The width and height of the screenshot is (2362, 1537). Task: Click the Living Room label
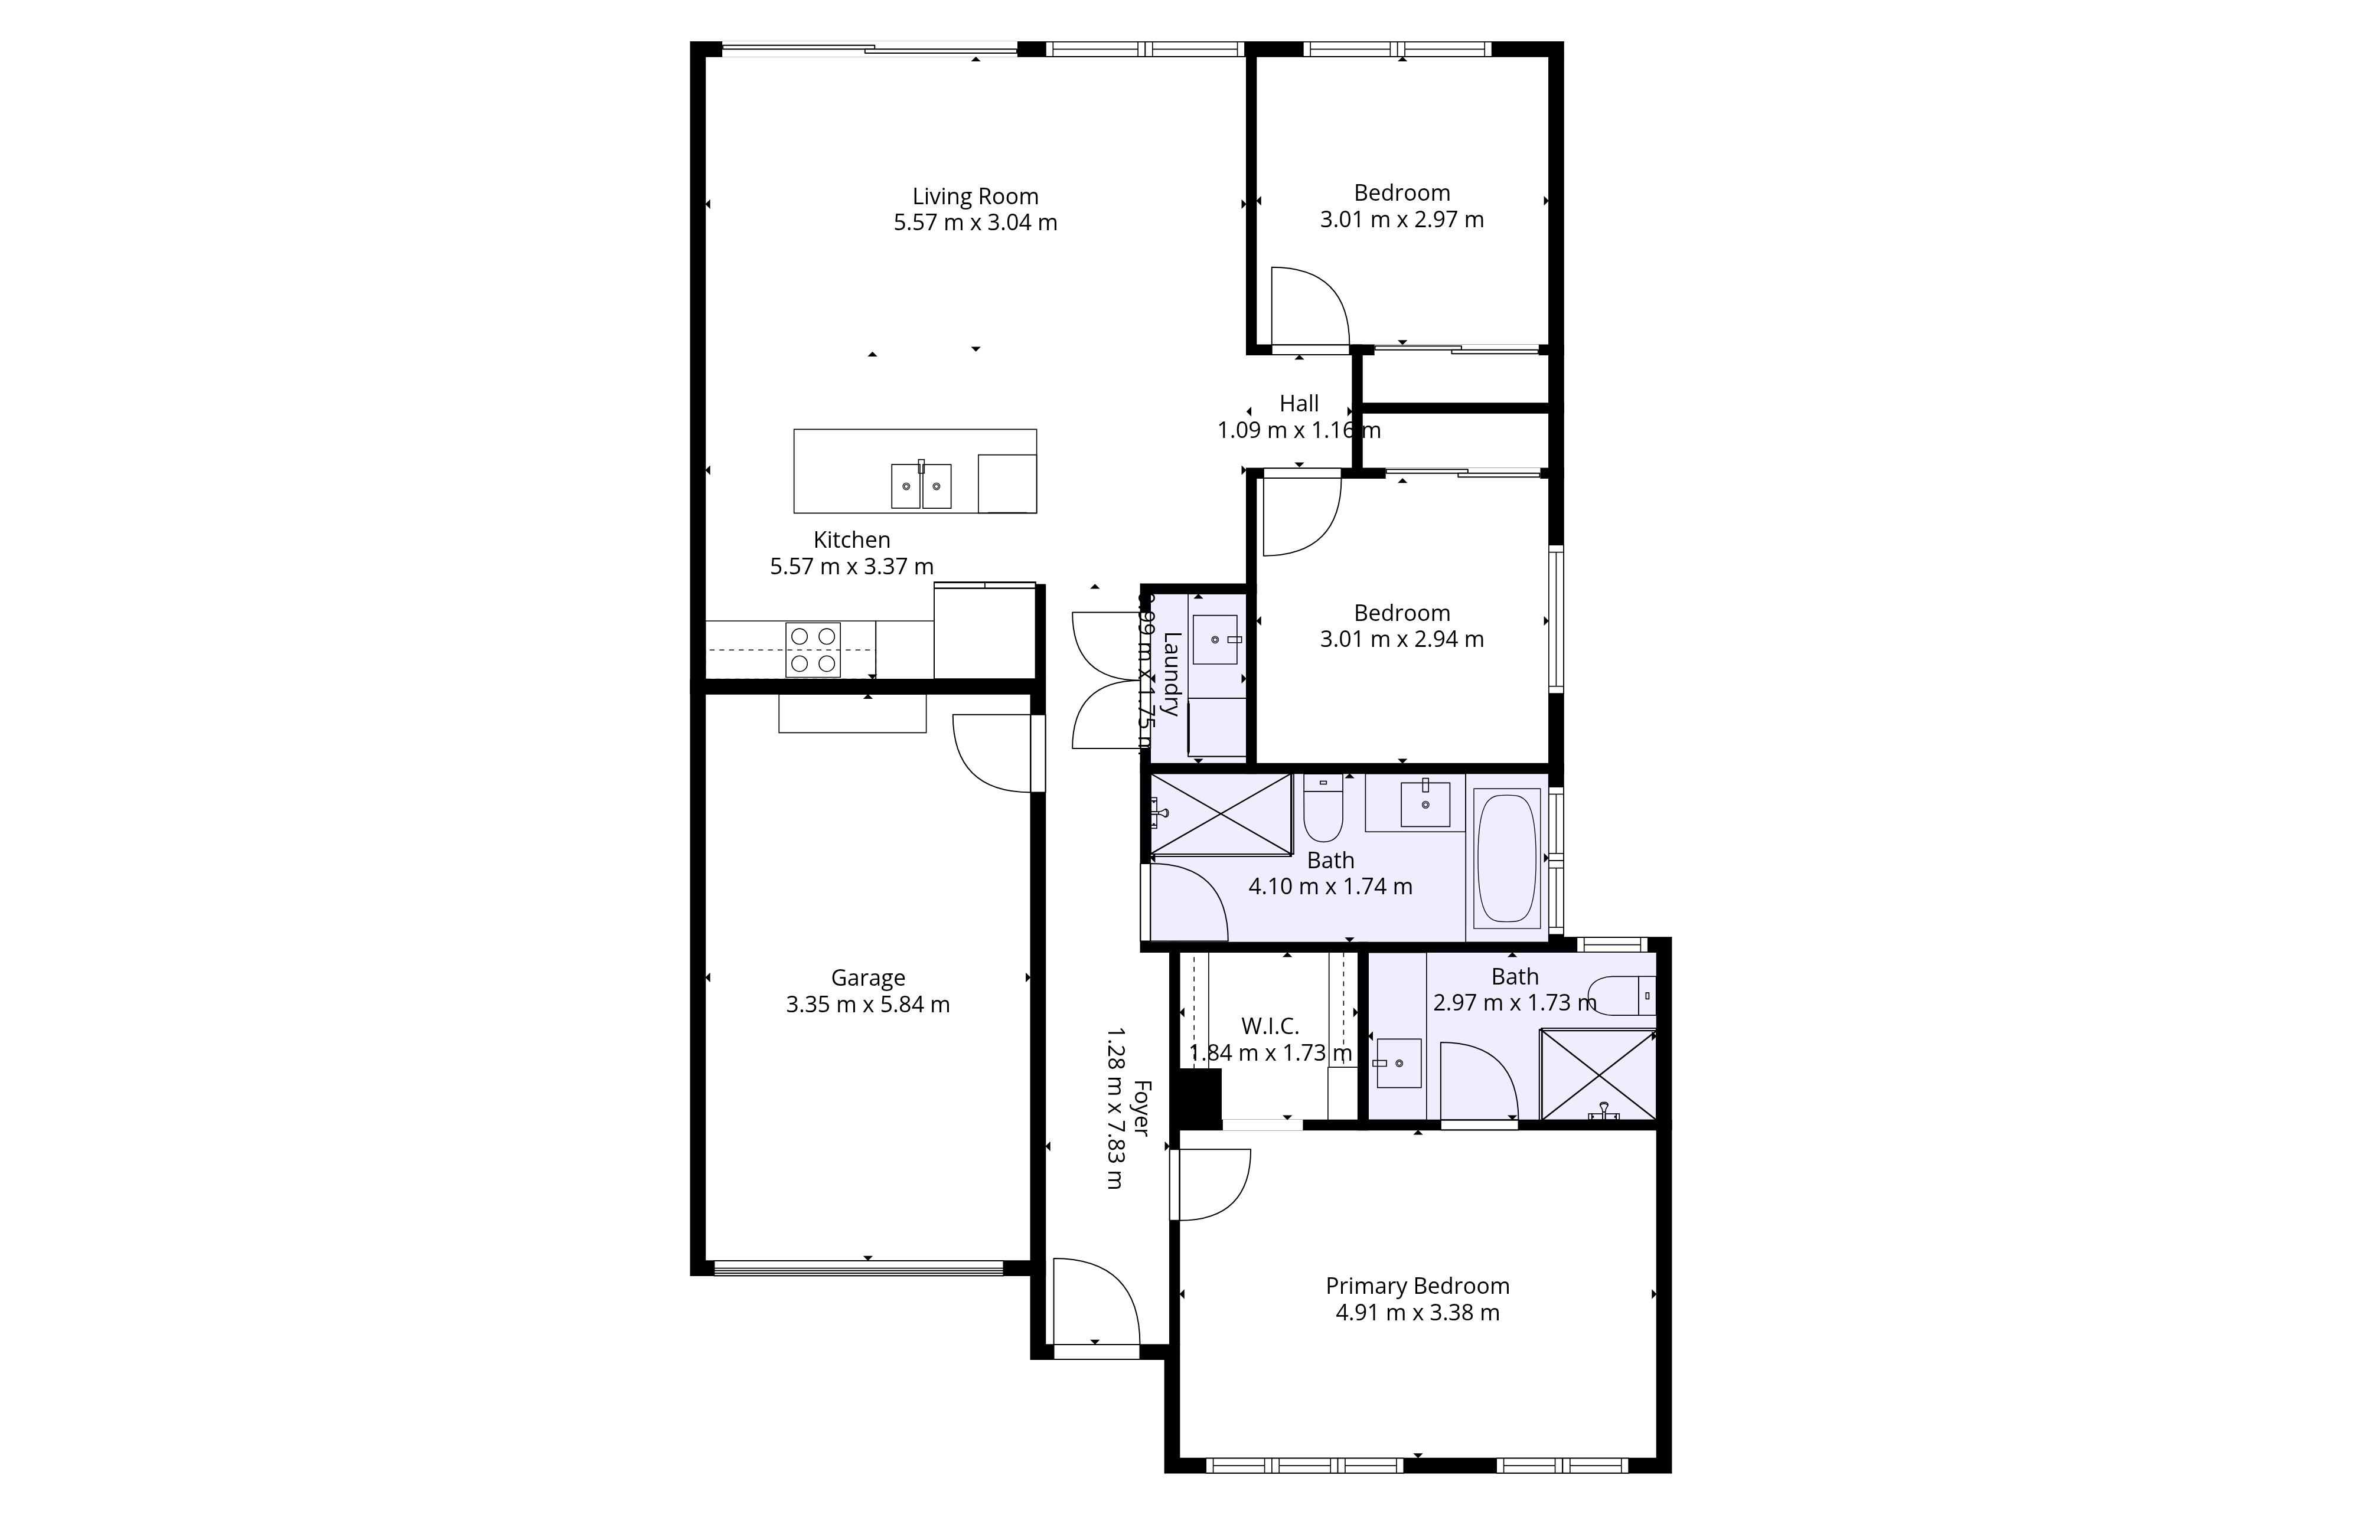click(974, 197)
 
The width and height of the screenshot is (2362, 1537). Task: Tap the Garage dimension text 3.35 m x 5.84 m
click(867, 1004)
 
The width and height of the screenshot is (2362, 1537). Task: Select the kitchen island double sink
click(921, 486)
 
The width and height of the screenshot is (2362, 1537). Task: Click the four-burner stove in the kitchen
click(813, 650)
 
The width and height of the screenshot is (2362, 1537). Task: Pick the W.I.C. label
click(1270, 1026)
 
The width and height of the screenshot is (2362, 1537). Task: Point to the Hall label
click(1298, 404)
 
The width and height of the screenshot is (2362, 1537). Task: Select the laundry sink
click(1213, 639)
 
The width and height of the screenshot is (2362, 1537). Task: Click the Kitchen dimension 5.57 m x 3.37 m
click(852, 567)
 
